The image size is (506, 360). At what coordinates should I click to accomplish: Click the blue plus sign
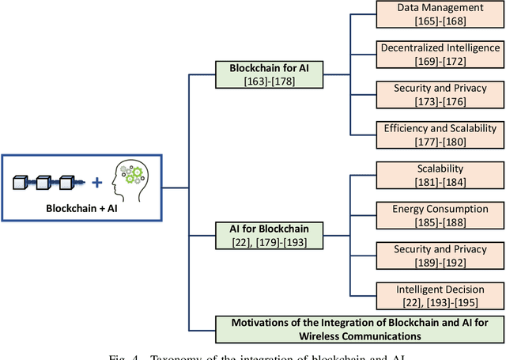coord(97,183)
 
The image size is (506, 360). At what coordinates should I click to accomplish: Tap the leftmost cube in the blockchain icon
coord(23,183)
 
